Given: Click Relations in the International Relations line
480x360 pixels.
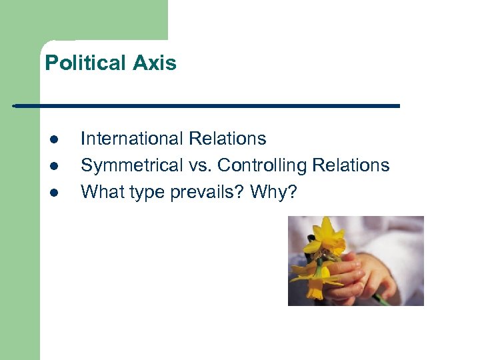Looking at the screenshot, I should point(227,139).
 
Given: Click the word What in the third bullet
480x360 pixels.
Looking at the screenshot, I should point(99,192).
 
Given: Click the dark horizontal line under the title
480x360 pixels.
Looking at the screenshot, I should point(207,106).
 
